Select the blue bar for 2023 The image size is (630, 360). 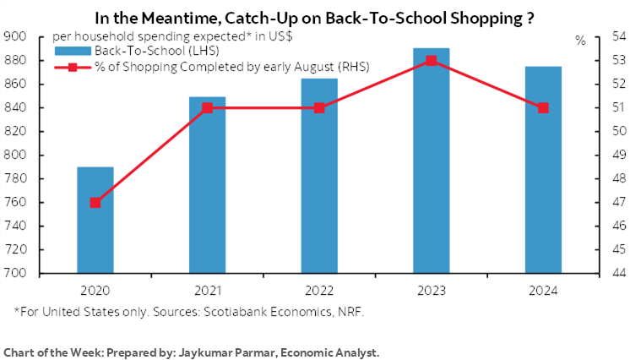432,161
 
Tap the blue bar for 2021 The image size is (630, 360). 207,185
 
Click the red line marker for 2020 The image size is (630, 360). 95,203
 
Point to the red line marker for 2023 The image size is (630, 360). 432,61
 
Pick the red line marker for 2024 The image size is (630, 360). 543,108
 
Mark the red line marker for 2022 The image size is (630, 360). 319,108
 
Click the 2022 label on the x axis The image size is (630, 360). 319,290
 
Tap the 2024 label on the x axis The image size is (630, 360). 543,290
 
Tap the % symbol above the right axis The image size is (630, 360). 581,40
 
